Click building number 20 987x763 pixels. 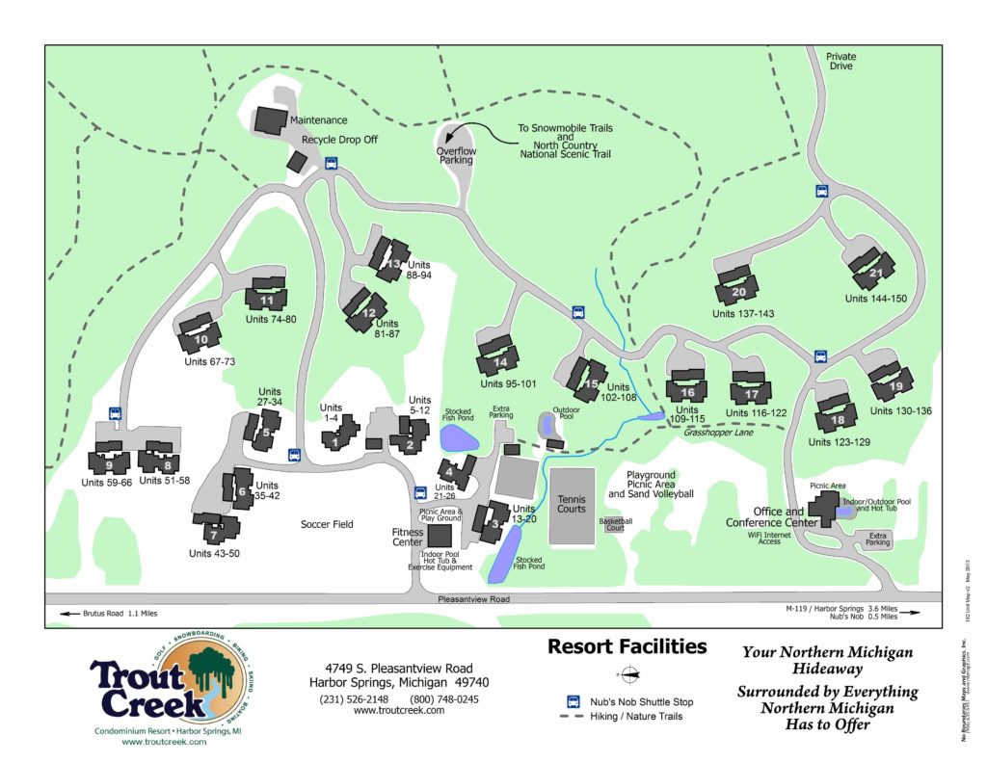click(737, 288)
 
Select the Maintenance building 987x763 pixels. click(270, 120)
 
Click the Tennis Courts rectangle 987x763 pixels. click(571, 505)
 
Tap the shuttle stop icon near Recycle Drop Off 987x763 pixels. click(332, 163)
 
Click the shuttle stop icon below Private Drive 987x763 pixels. click(822, 191)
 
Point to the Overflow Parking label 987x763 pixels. click(456, 156)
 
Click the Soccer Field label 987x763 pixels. click(327, 524)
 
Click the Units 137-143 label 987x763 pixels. click(743, 314)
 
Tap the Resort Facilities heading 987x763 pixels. click(627, 646)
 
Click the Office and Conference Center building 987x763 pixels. click(823, 507)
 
